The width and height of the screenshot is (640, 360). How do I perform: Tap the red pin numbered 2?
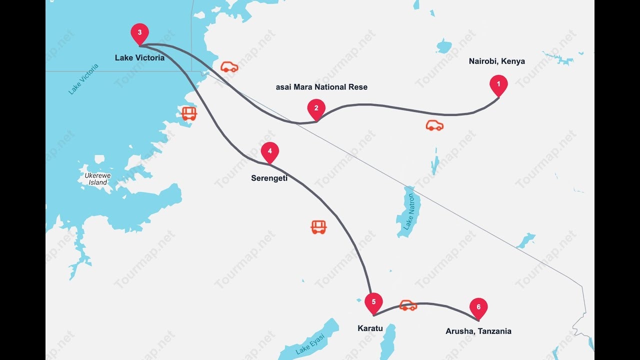pos(316,108)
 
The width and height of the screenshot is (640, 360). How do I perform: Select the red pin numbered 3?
pos(139,33)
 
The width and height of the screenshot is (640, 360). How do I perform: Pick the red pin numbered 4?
pos(269,151)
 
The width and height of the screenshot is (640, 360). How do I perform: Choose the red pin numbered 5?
pos(373,302)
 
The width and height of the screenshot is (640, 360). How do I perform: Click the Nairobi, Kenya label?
pos(496,61)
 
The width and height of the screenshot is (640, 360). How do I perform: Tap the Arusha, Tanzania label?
pos(478,331)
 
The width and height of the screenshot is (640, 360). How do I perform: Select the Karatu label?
pos(370,328)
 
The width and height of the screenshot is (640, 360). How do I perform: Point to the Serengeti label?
pos(269,178)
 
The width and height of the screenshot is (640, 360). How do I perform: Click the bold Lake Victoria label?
pos(139,58)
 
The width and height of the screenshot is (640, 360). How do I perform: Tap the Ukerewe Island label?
pos(97,179)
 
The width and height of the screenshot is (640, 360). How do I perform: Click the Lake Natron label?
pos(409,212)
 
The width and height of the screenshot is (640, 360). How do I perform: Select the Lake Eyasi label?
pos(310,344)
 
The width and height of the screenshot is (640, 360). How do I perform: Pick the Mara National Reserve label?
pos(321,87)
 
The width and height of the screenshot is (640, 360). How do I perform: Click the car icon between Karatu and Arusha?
pos(408,305)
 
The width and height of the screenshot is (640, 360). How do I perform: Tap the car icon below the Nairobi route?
pos(434,125)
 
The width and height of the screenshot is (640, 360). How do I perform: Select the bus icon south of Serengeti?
pos(318,227)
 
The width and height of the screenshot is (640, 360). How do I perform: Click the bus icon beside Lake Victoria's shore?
pos(189,113)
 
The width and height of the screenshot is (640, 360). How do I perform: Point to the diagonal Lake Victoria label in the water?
pos(83,78)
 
